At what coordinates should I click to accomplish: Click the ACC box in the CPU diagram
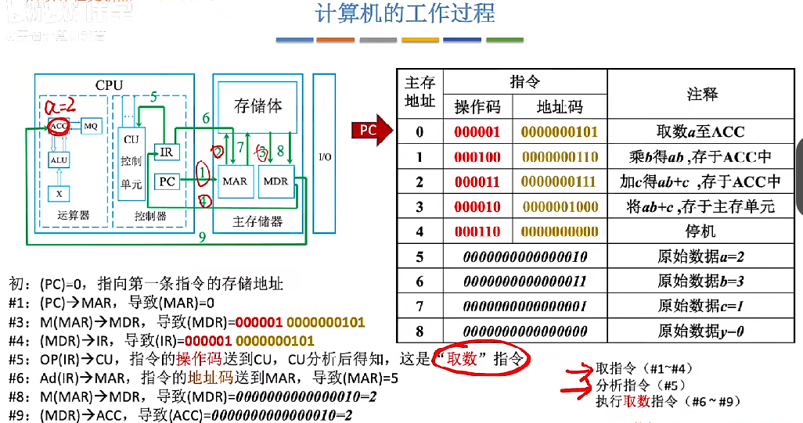pos(58,126)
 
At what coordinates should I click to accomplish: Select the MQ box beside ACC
pos(91,126)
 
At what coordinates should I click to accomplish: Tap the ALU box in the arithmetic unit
pos(59,160)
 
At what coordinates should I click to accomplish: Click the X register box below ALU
pos(58,192)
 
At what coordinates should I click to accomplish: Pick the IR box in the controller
pos(165,152)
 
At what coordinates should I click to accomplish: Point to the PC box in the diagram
pos(167,181)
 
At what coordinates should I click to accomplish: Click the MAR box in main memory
pos(235,181)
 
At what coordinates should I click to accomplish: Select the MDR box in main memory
pos(275,181)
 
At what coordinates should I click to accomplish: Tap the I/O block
pos(325,157)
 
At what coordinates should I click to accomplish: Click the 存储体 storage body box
pos(257,106)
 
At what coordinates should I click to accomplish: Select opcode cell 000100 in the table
pos(477,157)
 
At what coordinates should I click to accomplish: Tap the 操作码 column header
pos(477,106)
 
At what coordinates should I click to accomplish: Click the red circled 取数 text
pos(481,359)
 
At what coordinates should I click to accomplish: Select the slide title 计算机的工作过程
pos(405,15)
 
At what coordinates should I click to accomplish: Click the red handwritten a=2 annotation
pos(60,106)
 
